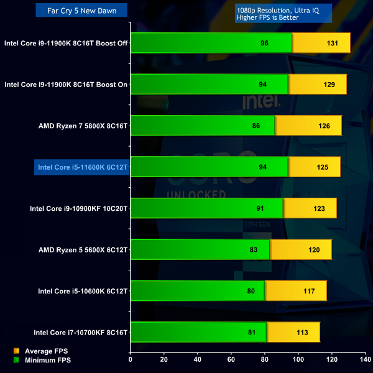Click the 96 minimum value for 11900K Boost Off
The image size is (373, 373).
pos(264,43)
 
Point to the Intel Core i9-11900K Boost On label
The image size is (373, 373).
pos(66,84)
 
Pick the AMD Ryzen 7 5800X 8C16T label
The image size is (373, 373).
pos(83,125)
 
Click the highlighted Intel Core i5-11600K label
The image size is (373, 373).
pos(82,166)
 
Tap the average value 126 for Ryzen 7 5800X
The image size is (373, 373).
pos(324,125)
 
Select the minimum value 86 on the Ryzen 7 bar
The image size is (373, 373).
pos(256,125)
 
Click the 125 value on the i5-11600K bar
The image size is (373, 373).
pos(323,166)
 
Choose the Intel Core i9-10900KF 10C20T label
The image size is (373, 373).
pos(78,208)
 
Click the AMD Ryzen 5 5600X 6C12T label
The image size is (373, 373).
pos(83,249)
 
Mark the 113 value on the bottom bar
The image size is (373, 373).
pos(302,332)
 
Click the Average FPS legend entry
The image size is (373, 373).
pos(47,351)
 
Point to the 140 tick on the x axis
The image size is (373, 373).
pos(365,359)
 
